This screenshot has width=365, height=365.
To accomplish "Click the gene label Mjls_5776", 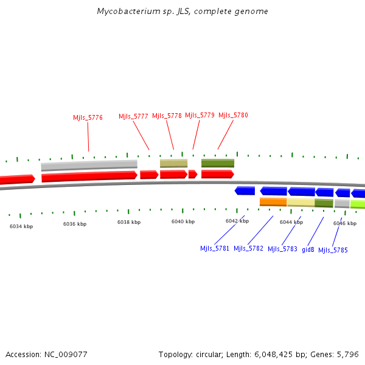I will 88,118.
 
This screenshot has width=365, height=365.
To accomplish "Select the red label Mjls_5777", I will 133,116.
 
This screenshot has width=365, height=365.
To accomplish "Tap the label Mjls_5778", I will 167,116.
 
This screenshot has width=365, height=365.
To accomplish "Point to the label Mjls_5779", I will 200,115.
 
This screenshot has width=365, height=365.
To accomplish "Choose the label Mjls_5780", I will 233,115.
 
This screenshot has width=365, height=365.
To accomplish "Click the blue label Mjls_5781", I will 215,248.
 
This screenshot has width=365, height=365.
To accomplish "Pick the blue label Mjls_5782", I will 248,248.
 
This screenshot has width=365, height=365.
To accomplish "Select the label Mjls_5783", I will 282,249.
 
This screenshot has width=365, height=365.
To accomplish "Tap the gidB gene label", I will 308,249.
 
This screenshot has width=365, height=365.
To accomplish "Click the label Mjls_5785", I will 333,250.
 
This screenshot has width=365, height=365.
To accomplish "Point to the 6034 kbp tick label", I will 21,226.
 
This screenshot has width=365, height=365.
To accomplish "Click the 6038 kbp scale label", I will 129,223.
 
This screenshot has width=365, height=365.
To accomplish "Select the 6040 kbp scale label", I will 183,221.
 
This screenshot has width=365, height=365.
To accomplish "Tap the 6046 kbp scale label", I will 344,223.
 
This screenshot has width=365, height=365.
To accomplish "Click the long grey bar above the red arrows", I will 89,165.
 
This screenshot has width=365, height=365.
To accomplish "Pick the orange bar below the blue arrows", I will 273,202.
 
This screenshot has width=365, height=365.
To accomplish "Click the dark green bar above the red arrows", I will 218,163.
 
